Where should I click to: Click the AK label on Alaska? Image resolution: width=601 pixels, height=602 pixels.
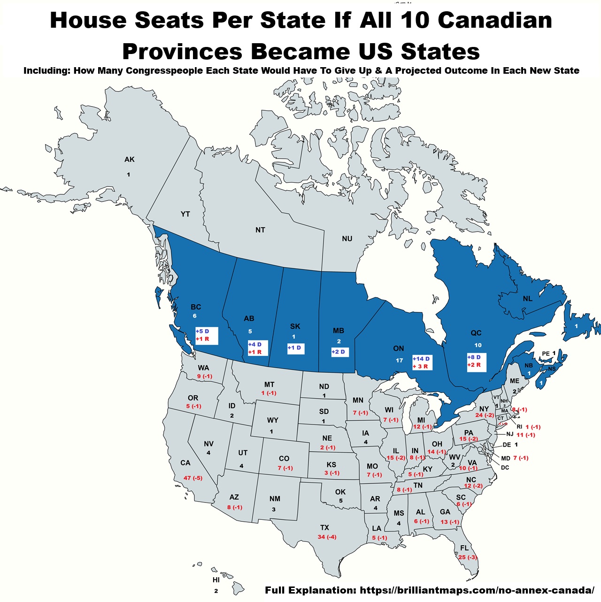(130, 160)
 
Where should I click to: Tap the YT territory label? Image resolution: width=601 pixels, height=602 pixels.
(185, 214)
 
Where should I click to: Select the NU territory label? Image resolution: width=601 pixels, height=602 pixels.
(347, 239)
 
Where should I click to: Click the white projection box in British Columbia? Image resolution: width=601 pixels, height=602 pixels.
(207, 335)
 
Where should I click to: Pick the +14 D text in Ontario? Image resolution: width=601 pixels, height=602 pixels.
(421, 359)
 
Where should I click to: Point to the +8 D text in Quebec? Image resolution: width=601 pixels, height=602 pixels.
(474, 357)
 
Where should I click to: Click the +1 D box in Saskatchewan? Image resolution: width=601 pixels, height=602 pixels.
(296, 348)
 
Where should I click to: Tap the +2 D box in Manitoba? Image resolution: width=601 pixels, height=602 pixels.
(339, 352)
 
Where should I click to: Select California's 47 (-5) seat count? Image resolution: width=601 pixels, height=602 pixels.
(193, 478)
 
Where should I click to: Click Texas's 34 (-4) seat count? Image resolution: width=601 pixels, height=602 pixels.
(327, 537)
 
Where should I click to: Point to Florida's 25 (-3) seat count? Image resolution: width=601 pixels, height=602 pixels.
(468, 557)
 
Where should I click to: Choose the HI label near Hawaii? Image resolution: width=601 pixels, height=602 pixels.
(216, 580)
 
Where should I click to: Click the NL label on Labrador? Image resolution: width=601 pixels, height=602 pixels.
(528, 299)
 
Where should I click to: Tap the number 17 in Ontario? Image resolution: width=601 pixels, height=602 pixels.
(399, 360)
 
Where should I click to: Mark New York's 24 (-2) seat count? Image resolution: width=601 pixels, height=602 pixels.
(484, 415)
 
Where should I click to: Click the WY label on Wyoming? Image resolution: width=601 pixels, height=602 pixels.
(272, 420)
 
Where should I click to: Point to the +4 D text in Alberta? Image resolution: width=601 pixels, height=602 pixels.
(255, 345)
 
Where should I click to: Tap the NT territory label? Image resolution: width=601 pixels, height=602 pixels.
(260, 230)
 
